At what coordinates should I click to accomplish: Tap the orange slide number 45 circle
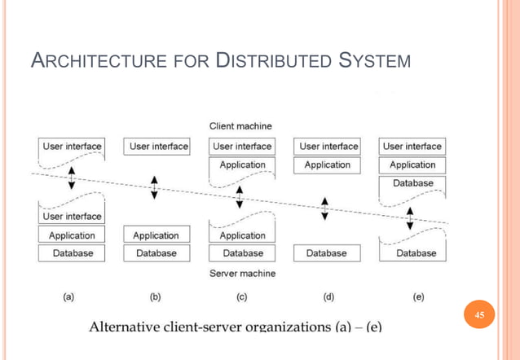[479, 315]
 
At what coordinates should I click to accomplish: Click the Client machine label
[241, 126]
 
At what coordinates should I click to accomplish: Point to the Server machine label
[242, 273]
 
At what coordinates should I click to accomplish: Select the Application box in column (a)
[72, 235]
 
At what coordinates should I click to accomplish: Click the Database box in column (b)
[156, 253]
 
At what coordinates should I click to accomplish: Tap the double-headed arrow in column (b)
[155, 187]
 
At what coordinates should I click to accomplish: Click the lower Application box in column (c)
[242, 235]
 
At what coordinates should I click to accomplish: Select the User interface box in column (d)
[328, 147]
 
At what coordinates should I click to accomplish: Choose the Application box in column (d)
[327, 165]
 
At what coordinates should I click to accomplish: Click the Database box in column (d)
[327, 253]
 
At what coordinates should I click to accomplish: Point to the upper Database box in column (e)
[412, 183]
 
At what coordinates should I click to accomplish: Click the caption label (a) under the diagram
[69, 296]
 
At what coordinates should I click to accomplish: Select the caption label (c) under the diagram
[241, 296]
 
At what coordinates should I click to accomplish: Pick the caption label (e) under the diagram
[418, 296]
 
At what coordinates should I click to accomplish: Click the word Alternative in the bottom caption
[126, 327]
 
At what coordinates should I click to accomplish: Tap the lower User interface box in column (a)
[72, 217]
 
